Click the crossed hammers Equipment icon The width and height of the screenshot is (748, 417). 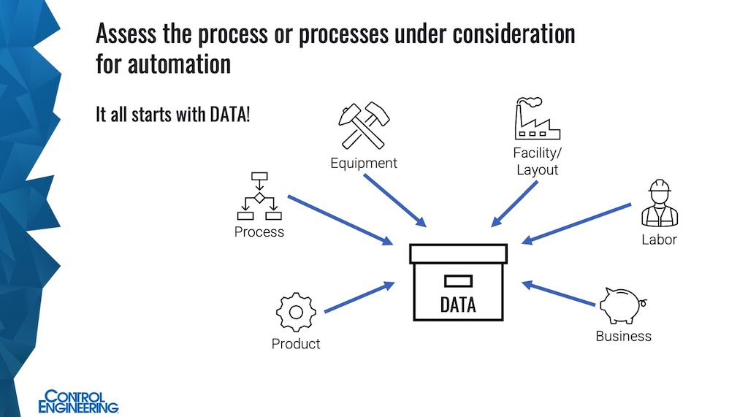[x=363, y=126]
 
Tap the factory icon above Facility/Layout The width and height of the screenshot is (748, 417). [x=536, y=119]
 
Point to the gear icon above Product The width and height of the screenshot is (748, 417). [x=295, y=312]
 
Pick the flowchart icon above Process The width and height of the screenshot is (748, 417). [x=259, y=196]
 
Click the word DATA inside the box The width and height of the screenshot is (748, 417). [x=458, y=303]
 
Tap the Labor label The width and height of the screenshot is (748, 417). [x=659, y=240]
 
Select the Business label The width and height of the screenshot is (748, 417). [x=623, y=336]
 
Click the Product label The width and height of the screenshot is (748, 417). [x=296, y=343]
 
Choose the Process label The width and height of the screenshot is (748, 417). [x=259, y=232]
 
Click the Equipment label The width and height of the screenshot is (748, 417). [x=364, y=163]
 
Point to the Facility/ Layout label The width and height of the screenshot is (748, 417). [x=537, y=161]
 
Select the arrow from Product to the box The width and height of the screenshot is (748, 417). [x=359, y=298]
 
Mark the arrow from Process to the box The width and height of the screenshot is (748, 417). [x=339, y=219]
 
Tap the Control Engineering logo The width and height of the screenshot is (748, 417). [x=78, y=402]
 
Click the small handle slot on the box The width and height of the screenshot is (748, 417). [x=458, y=280]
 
